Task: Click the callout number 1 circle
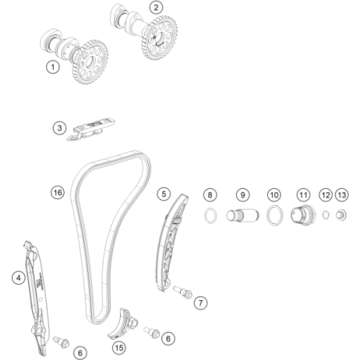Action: pos(53,68)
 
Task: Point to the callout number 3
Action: pos(59,127)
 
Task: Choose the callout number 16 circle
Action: pos(57,193)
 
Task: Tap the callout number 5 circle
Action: pos(163,193)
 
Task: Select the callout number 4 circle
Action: pos(17,278)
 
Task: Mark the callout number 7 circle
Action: pos(200,302)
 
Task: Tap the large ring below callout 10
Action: pos(274,215)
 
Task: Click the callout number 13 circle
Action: pos(342,194)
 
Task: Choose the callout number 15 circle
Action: pos(119,348)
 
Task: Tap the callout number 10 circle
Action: pos(274,194)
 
